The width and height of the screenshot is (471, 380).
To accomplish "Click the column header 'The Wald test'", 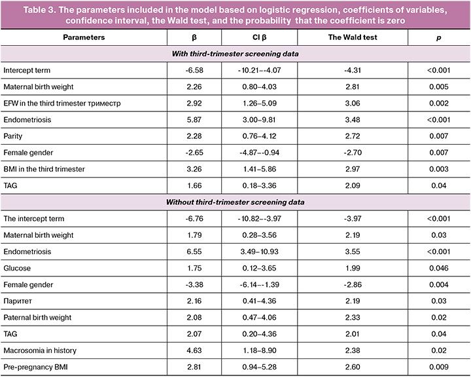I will pos(353,37).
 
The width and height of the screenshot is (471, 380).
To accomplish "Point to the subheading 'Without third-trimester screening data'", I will pos(235,202).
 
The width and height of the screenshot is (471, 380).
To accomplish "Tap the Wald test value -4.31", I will pos(353,69).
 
